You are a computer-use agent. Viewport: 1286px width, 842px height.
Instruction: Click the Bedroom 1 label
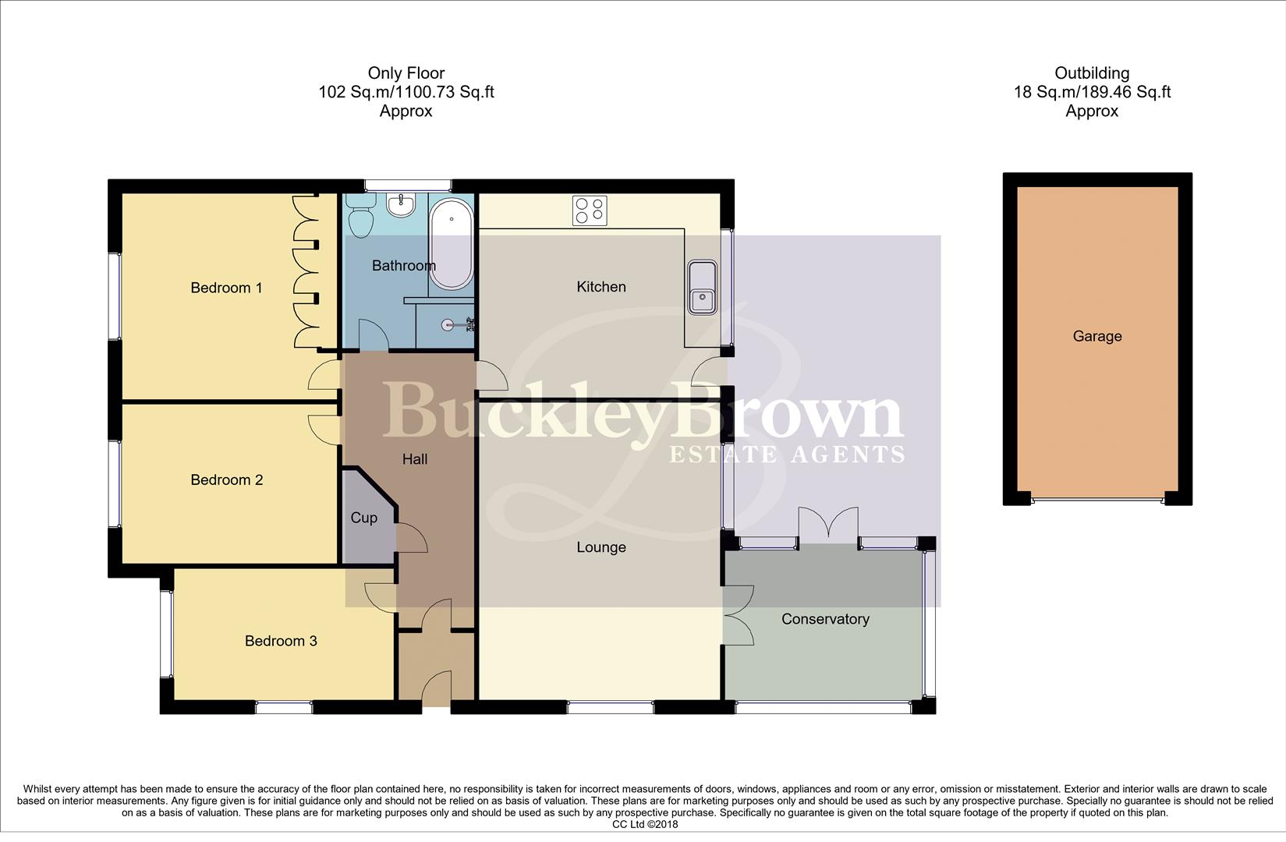tap(226, 288)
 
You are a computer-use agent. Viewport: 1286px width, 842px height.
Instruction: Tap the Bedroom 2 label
tap(226, 479)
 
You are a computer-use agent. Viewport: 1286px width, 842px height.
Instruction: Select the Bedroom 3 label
tap(281, 641)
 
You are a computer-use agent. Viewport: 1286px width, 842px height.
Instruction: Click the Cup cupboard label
tap(363, 518)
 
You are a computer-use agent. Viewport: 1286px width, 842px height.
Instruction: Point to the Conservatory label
tap(825, 619)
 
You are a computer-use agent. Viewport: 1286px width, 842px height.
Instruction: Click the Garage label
tap(1096, 336)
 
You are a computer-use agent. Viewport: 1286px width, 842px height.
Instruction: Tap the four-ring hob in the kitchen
tap(590, 210)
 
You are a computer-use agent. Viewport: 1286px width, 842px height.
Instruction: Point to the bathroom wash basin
tap(402, 206)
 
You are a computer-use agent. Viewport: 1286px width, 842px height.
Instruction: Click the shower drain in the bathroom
tap(448, 325)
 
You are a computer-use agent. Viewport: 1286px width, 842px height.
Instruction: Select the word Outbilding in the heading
tap(1092, 73)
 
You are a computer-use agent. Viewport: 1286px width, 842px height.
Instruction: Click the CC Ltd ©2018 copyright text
tap(644, 824)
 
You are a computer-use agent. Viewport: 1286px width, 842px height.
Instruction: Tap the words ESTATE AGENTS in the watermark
tap(787, 454)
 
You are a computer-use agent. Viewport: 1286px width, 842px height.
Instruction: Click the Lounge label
tap(600, 547)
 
